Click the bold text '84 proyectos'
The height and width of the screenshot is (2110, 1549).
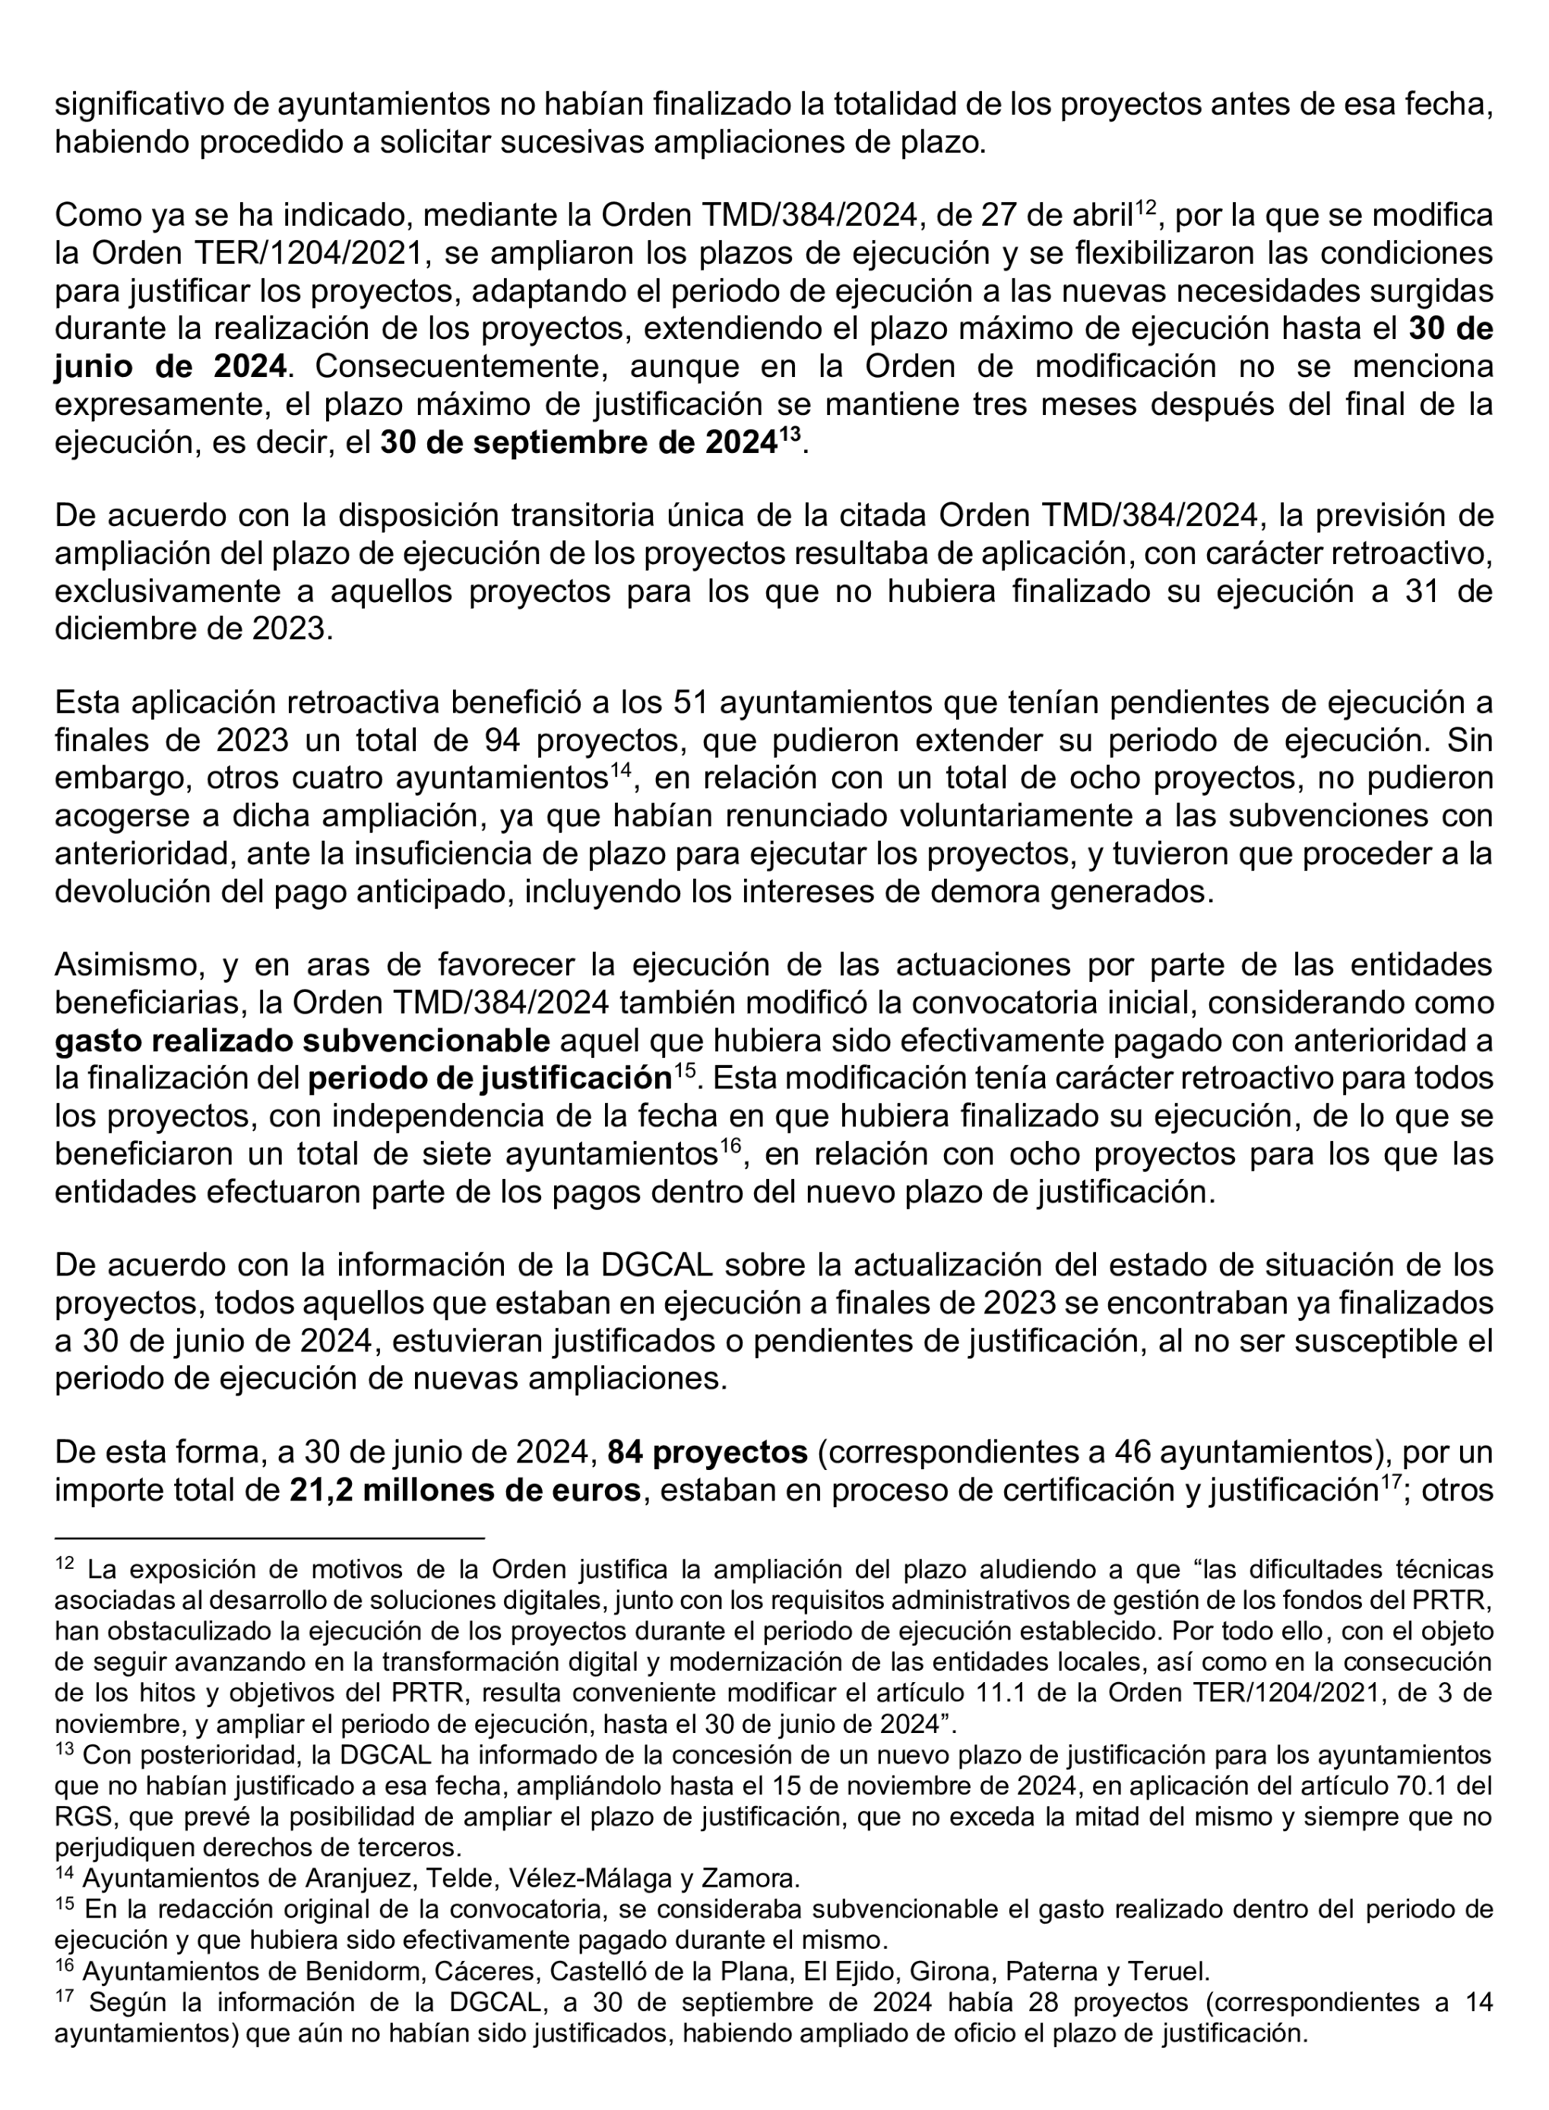coord(707,1453)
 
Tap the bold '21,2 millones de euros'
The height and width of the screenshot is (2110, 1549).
coord(464,1490)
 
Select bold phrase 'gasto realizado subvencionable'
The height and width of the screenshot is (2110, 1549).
coord(302,1041)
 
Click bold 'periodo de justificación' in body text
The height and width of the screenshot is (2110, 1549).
coord(489,1079)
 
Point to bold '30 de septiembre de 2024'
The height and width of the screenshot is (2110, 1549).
coord(578,442)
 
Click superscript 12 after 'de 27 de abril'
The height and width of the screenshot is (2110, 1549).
coord(1147,208)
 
